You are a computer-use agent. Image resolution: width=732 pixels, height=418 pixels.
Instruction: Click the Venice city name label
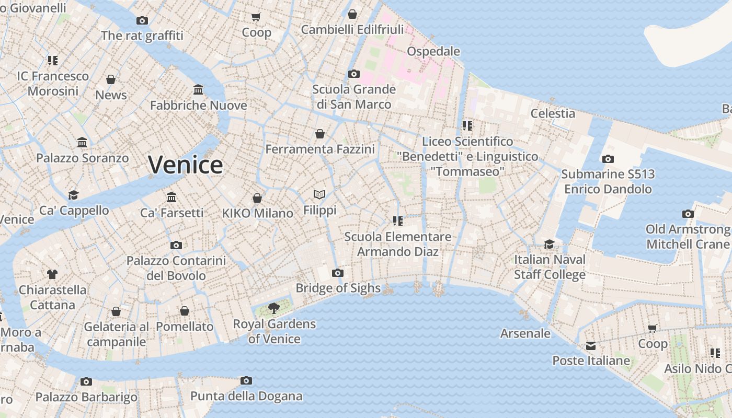186,165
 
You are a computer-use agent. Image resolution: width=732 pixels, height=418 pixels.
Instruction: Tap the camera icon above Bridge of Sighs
338,273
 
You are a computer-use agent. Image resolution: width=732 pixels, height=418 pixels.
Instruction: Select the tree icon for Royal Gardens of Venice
273,308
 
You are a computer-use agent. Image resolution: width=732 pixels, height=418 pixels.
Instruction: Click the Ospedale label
433,51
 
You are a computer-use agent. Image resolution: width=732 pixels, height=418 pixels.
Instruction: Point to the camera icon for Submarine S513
608,159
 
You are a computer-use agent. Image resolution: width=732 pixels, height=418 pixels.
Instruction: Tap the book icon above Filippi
319,195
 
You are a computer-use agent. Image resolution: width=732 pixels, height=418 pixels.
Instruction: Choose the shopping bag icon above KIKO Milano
257,198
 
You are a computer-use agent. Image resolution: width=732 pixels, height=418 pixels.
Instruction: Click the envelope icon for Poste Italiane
591,346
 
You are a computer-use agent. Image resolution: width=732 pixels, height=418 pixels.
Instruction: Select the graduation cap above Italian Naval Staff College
549,244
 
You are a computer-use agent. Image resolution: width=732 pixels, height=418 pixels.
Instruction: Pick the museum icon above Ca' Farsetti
171,197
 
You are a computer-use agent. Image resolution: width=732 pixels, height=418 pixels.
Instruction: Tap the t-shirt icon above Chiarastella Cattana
52,274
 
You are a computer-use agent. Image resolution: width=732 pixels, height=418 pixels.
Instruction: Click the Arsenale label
525,333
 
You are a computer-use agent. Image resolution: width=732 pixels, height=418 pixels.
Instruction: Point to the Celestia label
553,113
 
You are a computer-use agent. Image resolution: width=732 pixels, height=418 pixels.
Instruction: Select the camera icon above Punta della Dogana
246,381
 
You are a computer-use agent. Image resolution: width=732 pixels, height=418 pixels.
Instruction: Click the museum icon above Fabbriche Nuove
198,90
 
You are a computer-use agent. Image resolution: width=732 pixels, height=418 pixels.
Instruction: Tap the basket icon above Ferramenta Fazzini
320,134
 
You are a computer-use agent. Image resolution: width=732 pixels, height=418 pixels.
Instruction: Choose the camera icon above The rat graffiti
142,21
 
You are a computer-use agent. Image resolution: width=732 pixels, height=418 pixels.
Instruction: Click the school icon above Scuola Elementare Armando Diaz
398,221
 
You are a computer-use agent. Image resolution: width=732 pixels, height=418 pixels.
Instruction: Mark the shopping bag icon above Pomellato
185,311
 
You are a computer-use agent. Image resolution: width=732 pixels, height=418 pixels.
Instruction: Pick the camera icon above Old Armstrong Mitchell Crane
688,214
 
